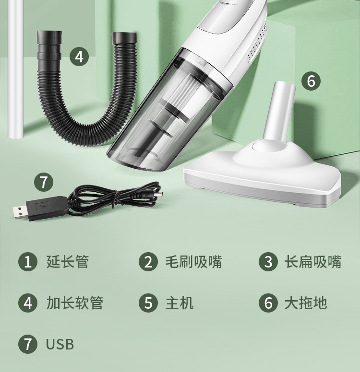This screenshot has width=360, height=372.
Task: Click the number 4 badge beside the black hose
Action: point(79,57)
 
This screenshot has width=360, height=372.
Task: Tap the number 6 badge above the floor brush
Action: point(311,81)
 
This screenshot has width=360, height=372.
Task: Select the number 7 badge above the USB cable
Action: point(44,182)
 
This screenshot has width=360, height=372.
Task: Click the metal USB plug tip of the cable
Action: point(19,212)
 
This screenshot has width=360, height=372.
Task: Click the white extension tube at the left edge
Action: point(16,69)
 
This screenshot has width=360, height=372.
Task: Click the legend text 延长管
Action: point(68,262)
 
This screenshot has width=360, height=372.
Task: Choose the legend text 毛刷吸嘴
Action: point(193,262)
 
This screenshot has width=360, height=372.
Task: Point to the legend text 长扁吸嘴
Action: point(313,262)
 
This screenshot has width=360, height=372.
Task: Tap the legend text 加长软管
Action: point(74,303)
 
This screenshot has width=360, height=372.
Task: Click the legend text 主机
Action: point(180,303)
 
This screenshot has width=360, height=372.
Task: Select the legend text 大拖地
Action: point(306,303)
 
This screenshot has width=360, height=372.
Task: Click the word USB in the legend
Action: point(60,344)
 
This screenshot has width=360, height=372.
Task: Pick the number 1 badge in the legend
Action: point(28,262)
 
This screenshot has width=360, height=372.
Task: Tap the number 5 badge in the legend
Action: point(148,303)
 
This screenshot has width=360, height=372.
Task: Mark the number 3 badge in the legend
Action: point(268,262)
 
